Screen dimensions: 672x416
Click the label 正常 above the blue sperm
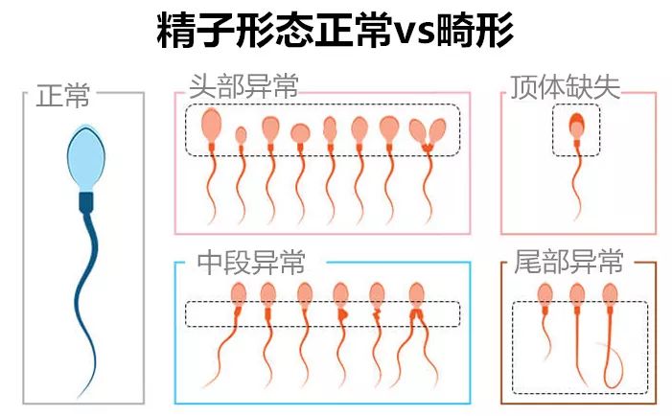click(x=63, y=95)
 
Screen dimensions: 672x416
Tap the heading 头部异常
click(x=243, y=86)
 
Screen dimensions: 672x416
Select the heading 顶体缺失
click(x=565, y=87)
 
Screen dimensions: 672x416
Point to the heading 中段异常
click(x=251, y=262)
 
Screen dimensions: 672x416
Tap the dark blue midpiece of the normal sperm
click(x=86, y=202)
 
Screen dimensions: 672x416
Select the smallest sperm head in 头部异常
click(x=242, y=135)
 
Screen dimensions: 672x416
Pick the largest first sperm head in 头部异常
click(x=211, y=125)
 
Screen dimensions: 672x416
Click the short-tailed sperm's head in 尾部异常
click(x=545, y=294)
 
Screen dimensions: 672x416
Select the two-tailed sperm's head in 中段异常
click(x=417, y=295)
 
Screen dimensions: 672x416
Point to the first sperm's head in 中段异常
click(x=239, y=295)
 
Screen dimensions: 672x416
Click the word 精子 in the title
click(x=196, y=30)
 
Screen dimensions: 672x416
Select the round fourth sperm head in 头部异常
click(x=300, y=133)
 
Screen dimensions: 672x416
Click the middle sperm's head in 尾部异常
click(x=577, y=295)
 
